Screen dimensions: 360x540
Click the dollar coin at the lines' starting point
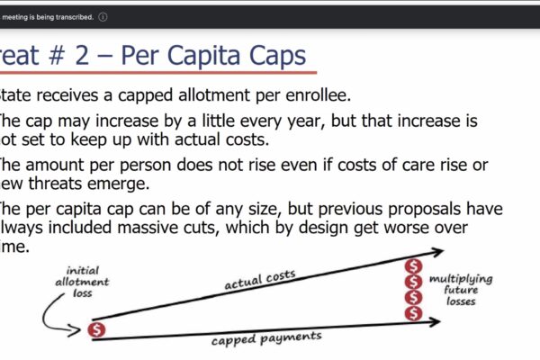click(98, 329)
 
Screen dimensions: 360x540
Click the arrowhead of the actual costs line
click(438, 253)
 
